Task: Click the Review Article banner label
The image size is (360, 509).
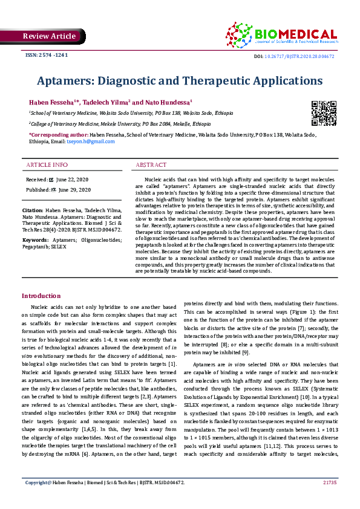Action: pyautogui.click(x=49, y=36)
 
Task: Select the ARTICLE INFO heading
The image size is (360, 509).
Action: pyautogui.click(x=47, y=165)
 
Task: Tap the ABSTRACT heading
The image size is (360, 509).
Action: pyautogui.click(x=151, y=165)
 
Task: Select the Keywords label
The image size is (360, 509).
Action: pyautogui.click(x=36, y=240)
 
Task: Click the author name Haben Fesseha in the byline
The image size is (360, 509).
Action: pyautogui.click(x=50, y=102)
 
